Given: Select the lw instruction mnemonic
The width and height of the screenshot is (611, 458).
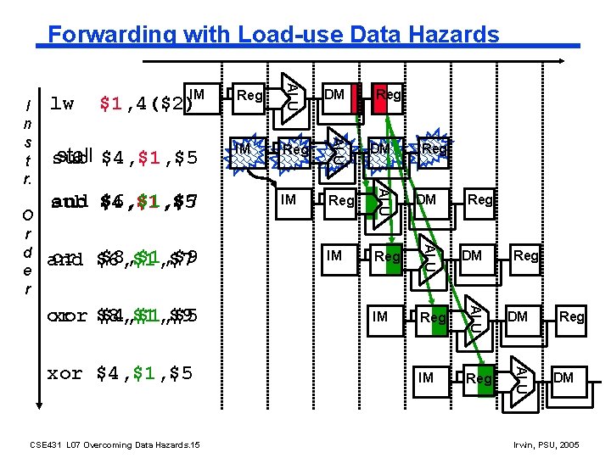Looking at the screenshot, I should [62, 104].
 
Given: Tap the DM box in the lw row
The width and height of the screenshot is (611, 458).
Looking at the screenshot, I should [334, 95].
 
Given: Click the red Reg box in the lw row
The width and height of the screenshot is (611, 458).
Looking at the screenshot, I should [388, 95].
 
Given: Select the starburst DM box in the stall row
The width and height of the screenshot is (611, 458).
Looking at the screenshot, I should [380, 149].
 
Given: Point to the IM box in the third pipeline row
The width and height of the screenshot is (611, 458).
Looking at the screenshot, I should [289, 199].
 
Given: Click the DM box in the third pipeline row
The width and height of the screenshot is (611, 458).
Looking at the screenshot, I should [426, 199].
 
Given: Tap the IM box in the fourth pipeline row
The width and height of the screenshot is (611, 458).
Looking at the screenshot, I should [334, 255].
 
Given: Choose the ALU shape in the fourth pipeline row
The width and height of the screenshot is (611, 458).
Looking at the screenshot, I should [429, 253].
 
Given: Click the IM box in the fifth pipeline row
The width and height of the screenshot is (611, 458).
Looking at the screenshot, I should [380, 316].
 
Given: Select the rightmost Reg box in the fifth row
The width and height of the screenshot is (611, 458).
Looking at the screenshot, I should [571, 316].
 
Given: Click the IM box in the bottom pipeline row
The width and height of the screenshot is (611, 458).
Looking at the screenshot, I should [426, 377].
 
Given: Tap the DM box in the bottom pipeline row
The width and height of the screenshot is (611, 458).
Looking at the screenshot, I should [563, 377].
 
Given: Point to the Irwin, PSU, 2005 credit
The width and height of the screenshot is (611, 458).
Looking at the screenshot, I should [547, 444].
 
